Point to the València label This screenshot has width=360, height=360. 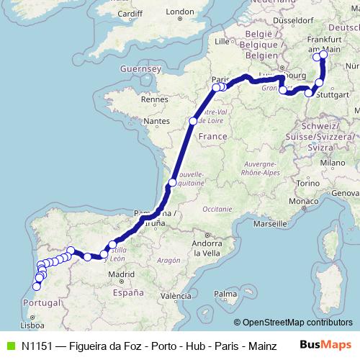tap(176, 296)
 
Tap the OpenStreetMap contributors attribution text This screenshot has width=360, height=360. tap(297, 323)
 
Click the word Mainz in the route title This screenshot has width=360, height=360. tap(262, 346)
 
